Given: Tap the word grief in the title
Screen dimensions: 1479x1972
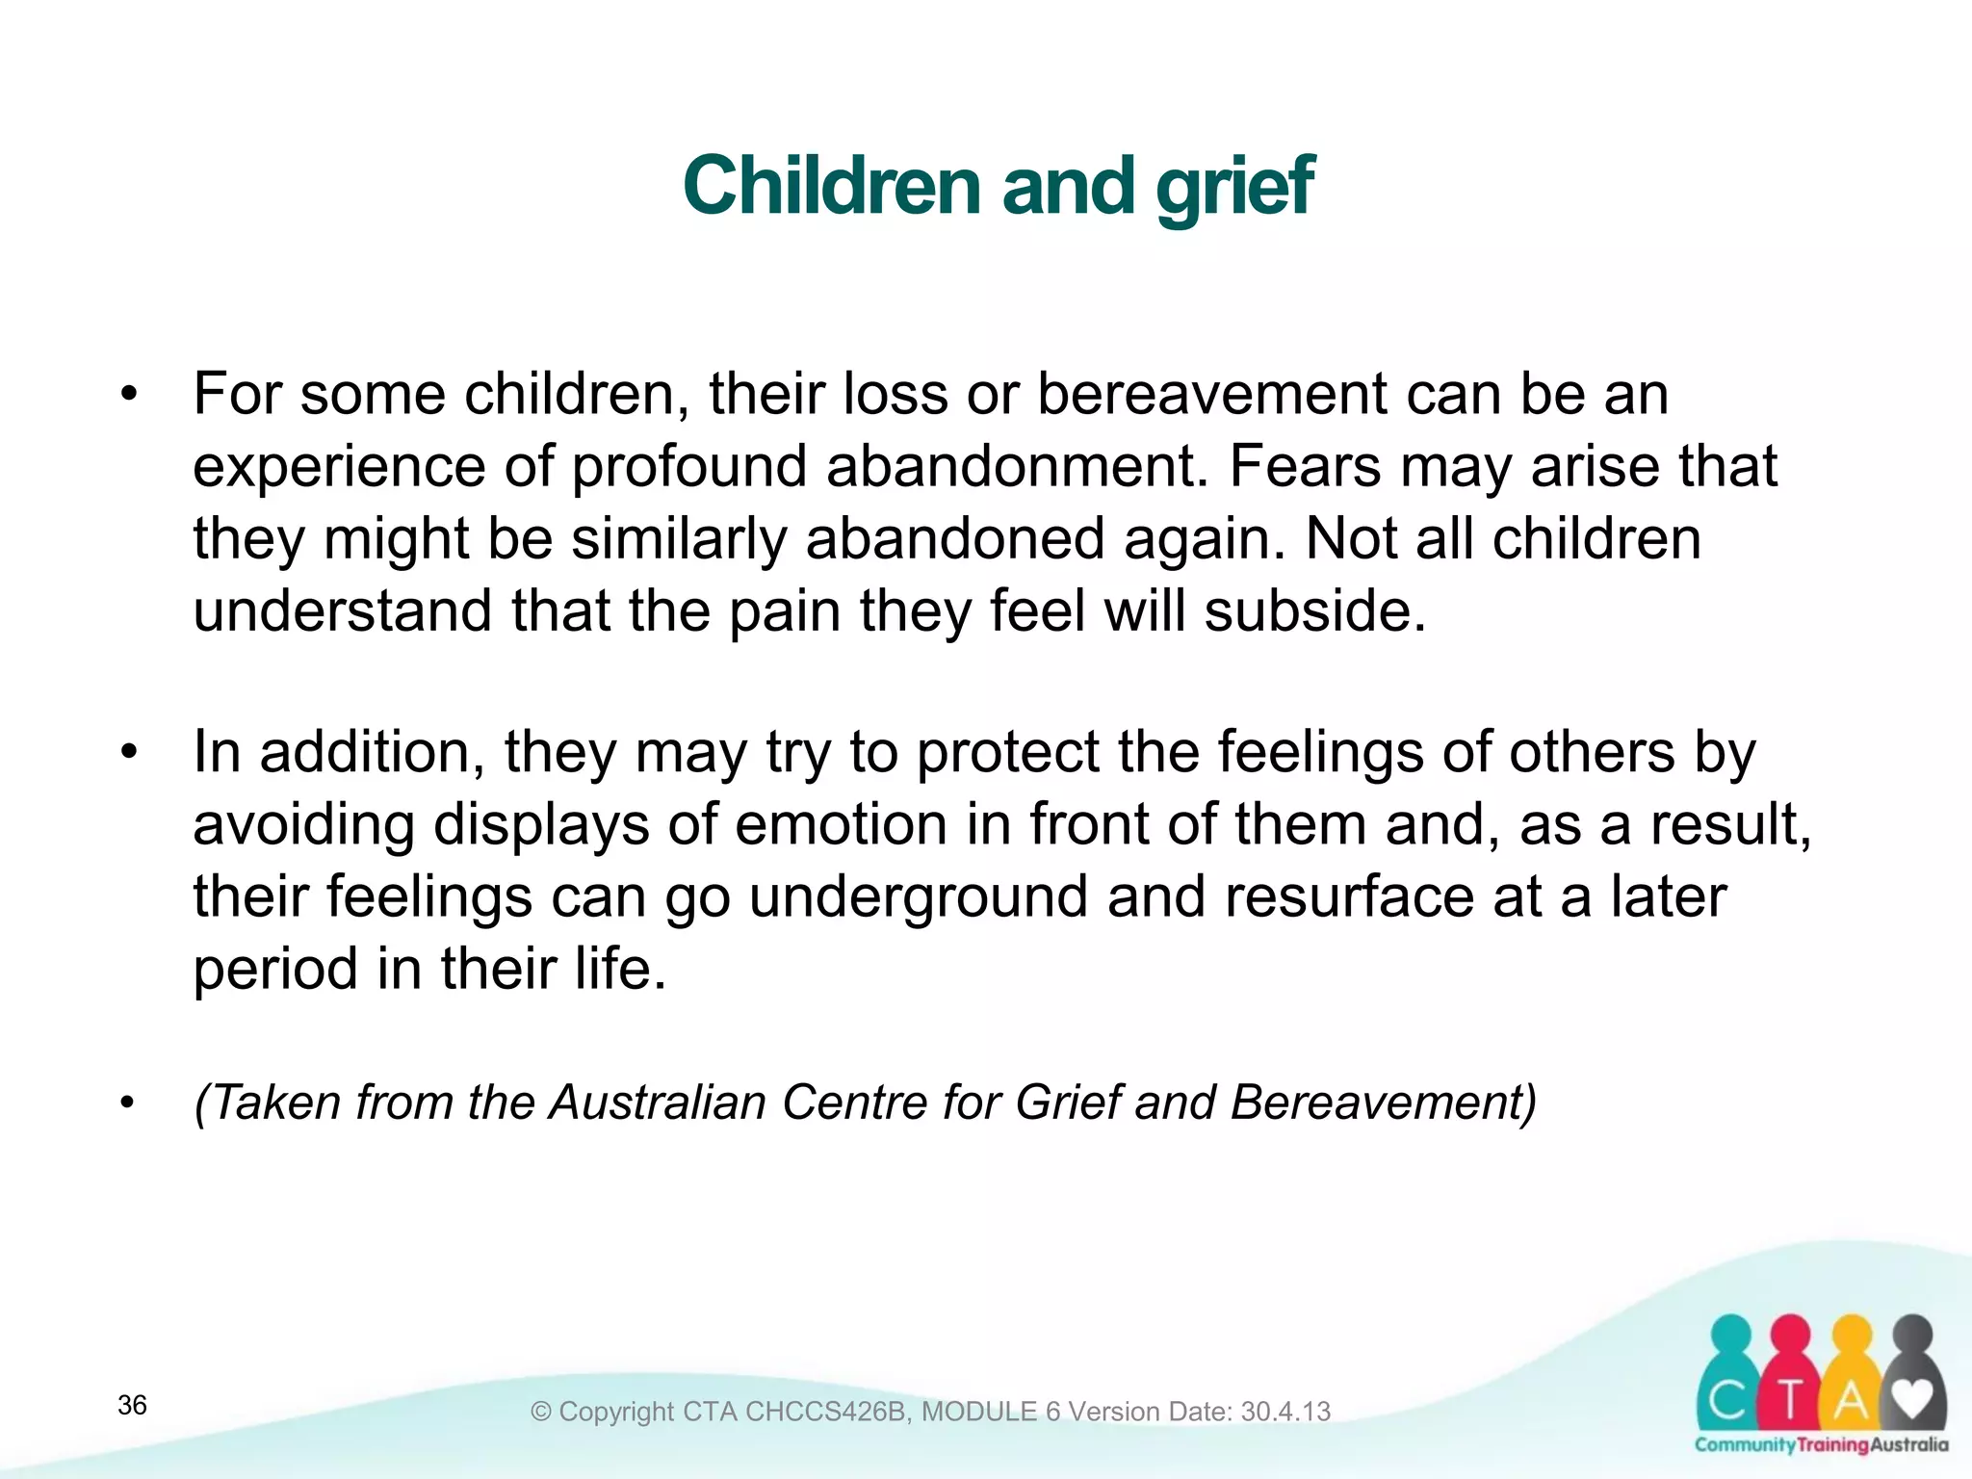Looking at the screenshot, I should click(x=1234, y=187).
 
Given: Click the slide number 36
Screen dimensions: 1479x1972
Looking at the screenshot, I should click(x=132, y=1405).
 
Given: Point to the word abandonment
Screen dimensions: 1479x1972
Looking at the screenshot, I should click(x=1016, y=466).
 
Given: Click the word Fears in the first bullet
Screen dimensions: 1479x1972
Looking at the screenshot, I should click(x=1305, y=466).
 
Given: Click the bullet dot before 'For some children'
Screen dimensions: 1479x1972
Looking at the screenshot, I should click(x=129, y=394).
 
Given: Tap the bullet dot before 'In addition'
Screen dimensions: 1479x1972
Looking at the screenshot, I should click(x=129, y=752).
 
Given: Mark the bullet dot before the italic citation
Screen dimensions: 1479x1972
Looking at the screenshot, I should click(x=129, y=1103).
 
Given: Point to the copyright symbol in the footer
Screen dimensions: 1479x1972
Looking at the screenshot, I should click(x=541, y=1412).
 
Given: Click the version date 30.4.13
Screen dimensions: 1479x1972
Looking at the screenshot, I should click(x=1285, y=1412).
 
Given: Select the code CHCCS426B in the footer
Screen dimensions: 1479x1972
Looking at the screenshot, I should click(x=826, y=1412).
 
